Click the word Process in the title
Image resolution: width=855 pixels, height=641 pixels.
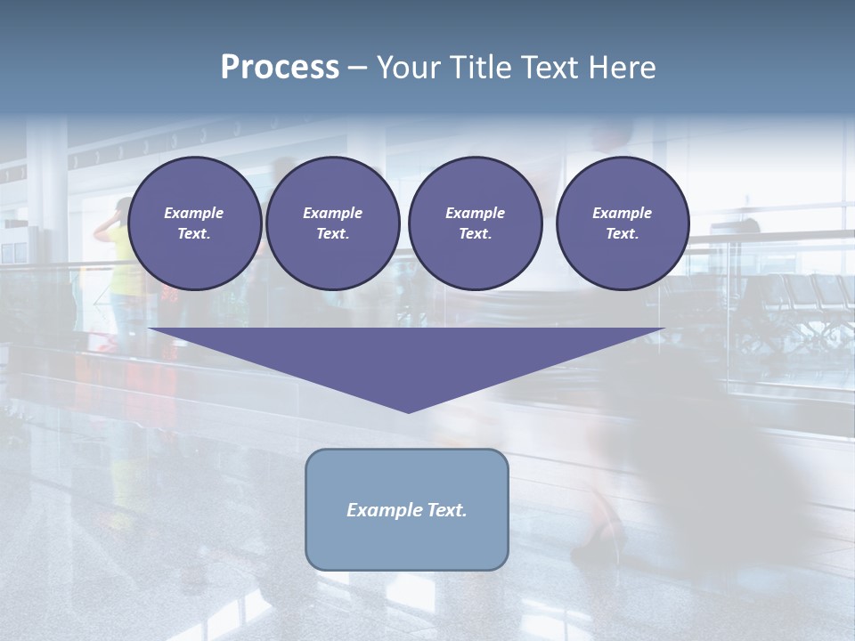[x=280, y=68]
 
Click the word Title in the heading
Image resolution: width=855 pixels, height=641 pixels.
[x=479, y=68]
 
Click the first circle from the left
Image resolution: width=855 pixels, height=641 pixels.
[x=194, y=223]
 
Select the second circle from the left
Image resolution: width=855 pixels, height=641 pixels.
[x=332, y=223]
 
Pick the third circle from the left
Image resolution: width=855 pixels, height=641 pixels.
[x=475, y=223]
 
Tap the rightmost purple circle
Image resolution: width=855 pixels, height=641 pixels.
[x=622, y=223]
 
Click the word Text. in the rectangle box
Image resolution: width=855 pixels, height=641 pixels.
[x=445, y=510]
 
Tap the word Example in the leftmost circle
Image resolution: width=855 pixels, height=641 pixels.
[x=194, y=213]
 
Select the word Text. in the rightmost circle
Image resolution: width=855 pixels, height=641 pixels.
[x=622, y=234]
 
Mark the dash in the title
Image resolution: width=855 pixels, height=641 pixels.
[x=357, y=69]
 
